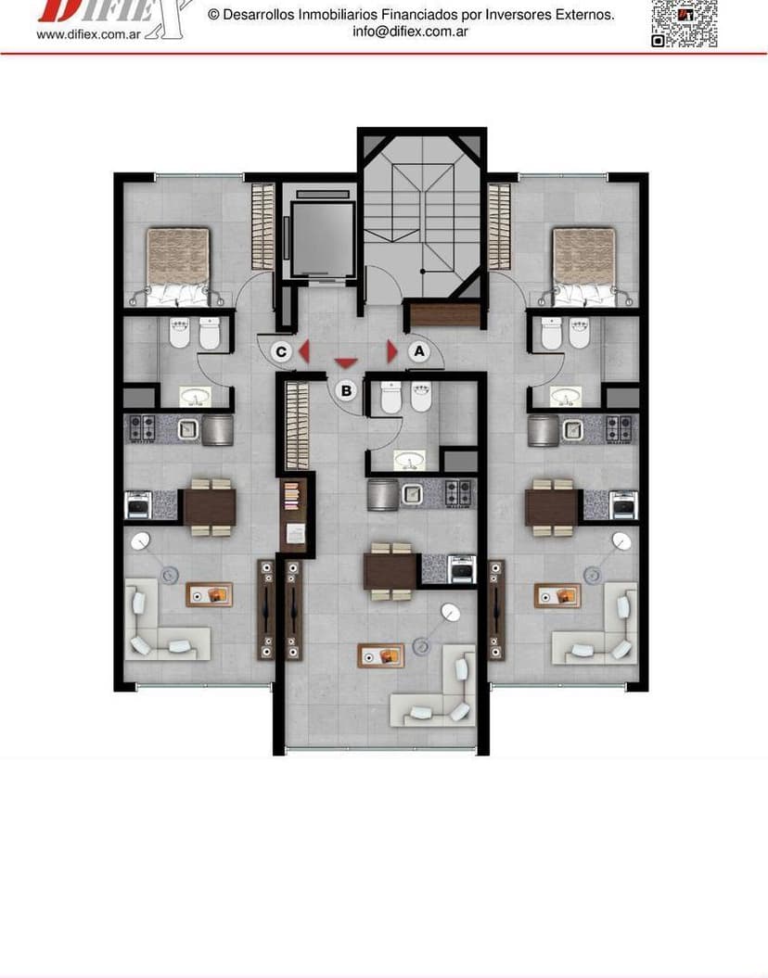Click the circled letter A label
[418, 351]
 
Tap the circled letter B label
[346, 390]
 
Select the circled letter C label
[281, 351]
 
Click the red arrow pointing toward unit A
[392, 351]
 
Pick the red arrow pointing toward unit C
[302, 351]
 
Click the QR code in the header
[685, 22]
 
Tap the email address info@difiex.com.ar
[410, 32]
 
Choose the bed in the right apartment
[584, 265]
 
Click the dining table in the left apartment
[209, 506]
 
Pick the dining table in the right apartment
[552, 506]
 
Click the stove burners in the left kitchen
[142, 428]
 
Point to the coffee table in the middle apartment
[381, 655]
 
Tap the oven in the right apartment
[623, 505]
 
